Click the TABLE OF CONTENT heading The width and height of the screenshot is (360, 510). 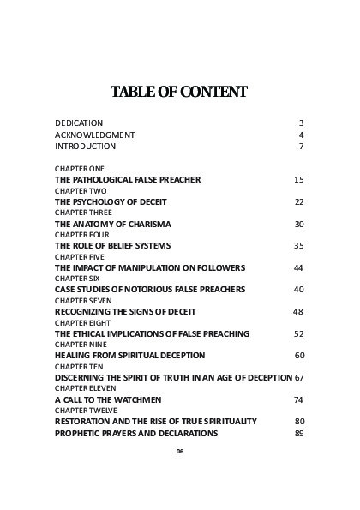pyautogui.click(x=179, y=92)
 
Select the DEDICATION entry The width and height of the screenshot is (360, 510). pyautogui.click(x=79, y=123)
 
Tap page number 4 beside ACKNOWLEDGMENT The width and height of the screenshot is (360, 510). pyautogui.click(x=301, y=135)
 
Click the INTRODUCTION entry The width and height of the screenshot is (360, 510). pyautogui.click(x=85, y=147)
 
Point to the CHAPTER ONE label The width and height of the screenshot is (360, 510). pyautogui.click(x=80, y=169)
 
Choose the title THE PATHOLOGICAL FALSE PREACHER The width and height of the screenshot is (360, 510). pyautogui.click(x=128, y=180)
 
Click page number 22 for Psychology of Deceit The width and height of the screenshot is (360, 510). pyautogui.click(x=299, y=201)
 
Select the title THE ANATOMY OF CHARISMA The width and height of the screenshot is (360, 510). pyautogui.click(x=113, y=224)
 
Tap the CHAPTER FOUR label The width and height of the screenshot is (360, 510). pyautogui.click(x=82, y=234)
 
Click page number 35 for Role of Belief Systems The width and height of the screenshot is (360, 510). pyautogui.click(x=299, y=246)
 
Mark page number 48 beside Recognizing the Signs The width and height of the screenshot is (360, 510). pyautogui.click(x=298, y=312)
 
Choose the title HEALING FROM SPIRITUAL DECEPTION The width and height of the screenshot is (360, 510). pyautogui.click(x=130, y=355)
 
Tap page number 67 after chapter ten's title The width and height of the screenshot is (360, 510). pyautogui.click(x=299, y=377)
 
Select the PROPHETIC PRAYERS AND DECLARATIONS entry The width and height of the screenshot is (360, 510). pyautogui.click(x=136, y=433)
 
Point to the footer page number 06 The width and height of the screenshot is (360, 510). pyautogui.click(x=180, y=452)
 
